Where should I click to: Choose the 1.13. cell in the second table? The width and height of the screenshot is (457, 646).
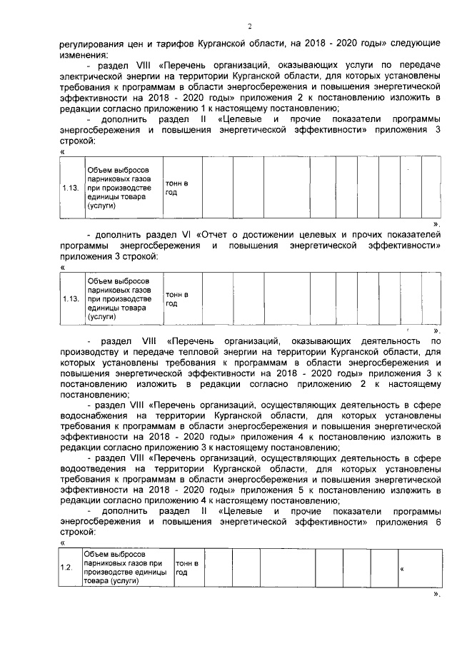pos(71,298)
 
